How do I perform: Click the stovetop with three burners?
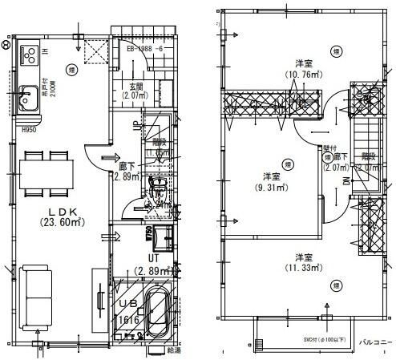click(30, 55)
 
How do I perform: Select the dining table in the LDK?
click(45, 171)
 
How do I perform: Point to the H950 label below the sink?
click(30, 129)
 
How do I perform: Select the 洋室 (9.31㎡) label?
click(270, 182)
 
